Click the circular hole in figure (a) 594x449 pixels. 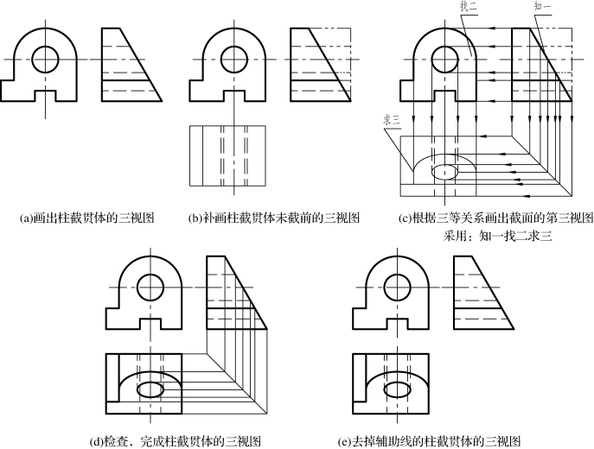pyautogui.click(x=46, y=59)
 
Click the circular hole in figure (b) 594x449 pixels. pyautogui.click(x=230, y=59)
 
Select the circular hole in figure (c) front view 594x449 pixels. pyautogui.click(x=446, y=60)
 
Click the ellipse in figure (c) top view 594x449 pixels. pyautogui.click(x=446, y=170)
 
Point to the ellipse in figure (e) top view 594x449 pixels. pyautogui.click(x=399, y=390)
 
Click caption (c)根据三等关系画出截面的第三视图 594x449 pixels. pyautogui.click(x=495, y=218)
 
